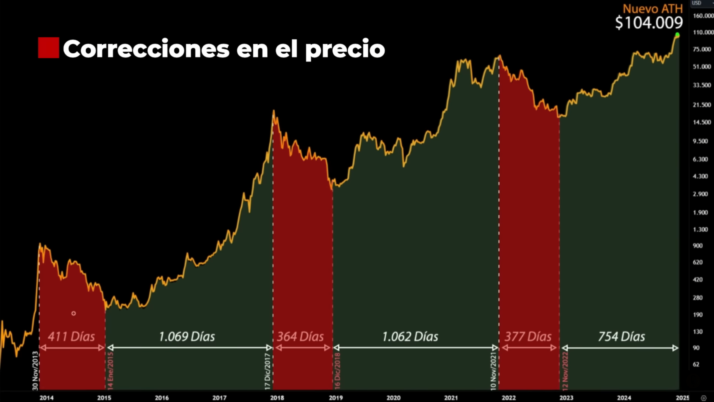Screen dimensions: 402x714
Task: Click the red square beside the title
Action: point(48,48)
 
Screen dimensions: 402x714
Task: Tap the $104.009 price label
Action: point(649,23)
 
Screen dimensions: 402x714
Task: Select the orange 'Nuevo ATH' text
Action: point(652,9)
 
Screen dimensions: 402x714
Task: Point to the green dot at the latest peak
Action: point(677,35)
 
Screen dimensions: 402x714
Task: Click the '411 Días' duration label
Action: point(71,337)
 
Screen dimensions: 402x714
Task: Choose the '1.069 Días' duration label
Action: point(187,337)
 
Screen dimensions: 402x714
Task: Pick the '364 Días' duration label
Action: point(300,337)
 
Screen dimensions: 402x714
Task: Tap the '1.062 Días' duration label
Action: point(410,337)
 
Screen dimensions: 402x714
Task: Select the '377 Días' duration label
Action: point(528,337)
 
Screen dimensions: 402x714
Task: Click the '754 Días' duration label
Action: point(621,337)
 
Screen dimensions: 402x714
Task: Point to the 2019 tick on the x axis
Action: point(336,398)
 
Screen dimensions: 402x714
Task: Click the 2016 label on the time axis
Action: point(162,398)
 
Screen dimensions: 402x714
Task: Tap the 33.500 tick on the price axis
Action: point(702,85)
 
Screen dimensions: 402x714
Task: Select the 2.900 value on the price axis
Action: point(700,194)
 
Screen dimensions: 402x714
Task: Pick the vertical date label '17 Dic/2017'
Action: point(268,371)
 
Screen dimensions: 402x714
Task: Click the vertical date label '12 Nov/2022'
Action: point(565,371)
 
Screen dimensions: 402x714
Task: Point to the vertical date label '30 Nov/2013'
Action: point(35,371)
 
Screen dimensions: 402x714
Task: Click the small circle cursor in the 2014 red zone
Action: point(74,313)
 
